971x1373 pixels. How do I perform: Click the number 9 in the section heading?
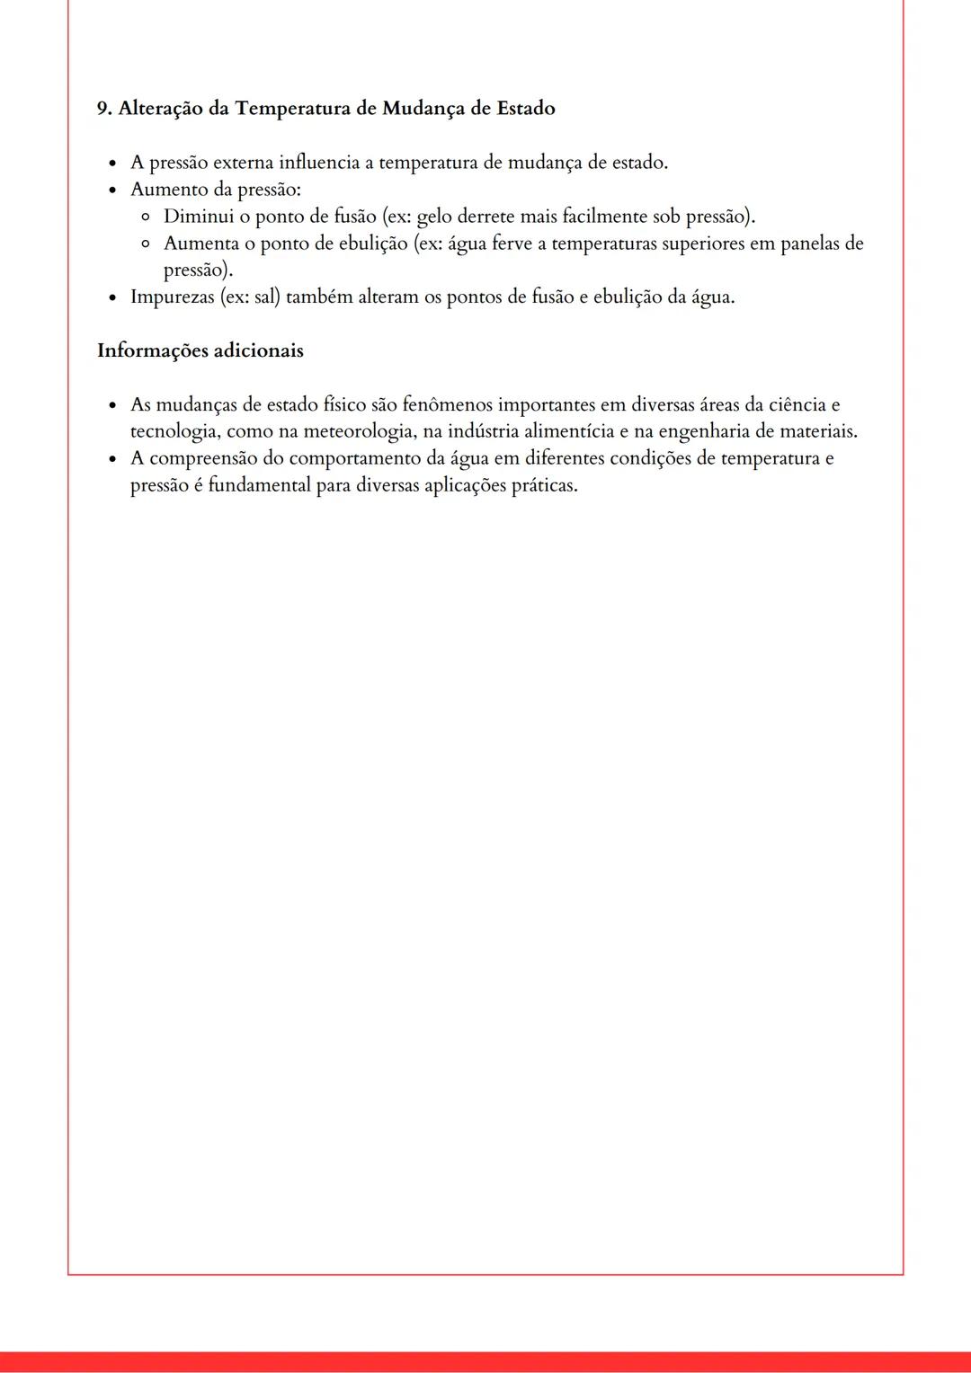pyautogui.click(x=102, y=109)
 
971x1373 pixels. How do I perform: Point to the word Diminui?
pyautogui.click(x=198, y=217)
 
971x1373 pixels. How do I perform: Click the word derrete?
pyautogui.click(x=485, y=217)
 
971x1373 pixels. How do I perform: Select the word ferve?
pyautogui.click(x=512, y=244)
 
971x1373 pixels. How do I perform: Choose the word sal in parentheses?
pyautogui.click(x=266, y=297)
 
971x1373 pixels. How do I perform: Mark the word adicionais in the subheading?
pyautogui.click(x=261, y=350)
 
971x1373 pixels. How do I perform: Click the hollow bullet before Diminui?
pyautogui.click(x=146, y=217)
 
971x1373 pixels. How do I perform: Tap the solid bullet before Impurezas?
pyautogui.click(x=112, y=297)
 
